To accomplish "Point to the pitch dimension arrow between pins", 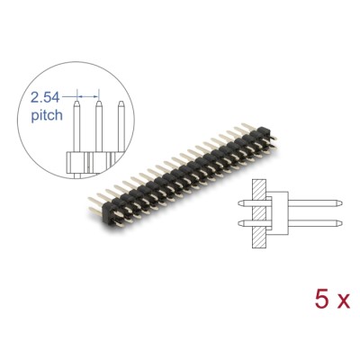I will (85, 93).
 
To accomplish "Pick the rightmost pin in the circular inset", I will (118, 126).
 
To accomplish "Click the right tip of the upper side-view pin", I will (335, 199).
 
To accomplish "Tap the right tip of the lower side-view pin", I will (335, 221).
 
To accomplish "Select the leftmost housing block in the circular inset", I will (75, 162).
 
